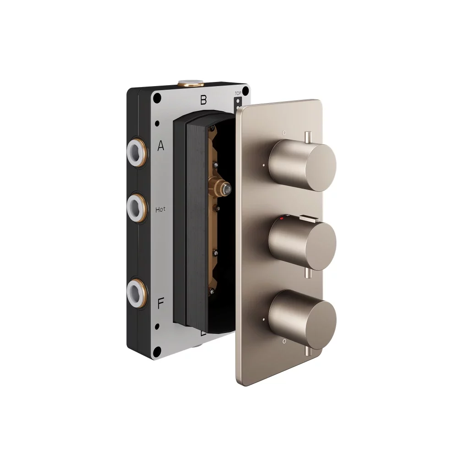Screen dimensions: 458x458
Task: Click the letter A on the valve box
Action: coord(161,146)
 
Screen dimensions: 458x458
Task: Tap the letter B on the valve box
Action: coord(203,100)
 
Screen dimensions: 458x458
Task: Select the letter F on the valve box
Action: coord(161,304)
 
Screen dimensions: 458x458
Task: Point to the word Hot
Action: coord(161,209)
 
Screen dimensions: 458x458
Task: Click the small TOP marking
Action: coord(238,93)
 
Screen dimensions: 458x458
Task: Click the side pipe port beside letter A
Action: coord(136,147)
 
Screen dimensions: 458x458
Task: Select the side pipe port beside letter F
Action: coord(136,290)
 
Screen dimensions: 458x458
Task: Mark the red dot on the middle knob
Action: coord(283,220)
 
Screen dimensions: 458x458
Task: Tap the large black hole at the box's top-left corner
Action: coord(157,98)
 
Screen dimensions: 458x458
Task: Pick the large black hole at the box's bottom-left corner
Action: coord(157,351)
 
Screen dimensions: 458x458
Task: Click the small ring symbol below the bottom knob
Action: coord(284,341)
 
